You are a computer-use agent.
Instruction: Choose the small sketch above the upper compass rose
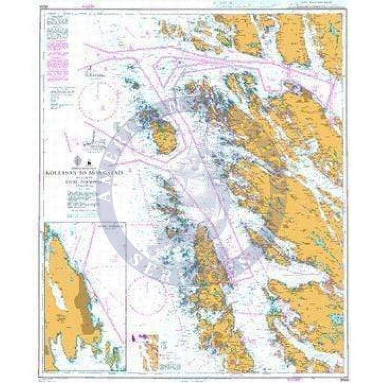[95, 74]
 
